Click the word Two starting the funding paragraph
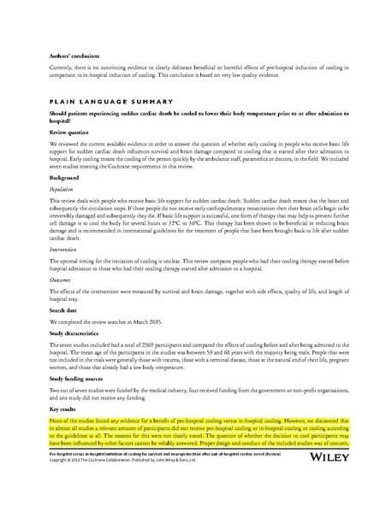[56, 391]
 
